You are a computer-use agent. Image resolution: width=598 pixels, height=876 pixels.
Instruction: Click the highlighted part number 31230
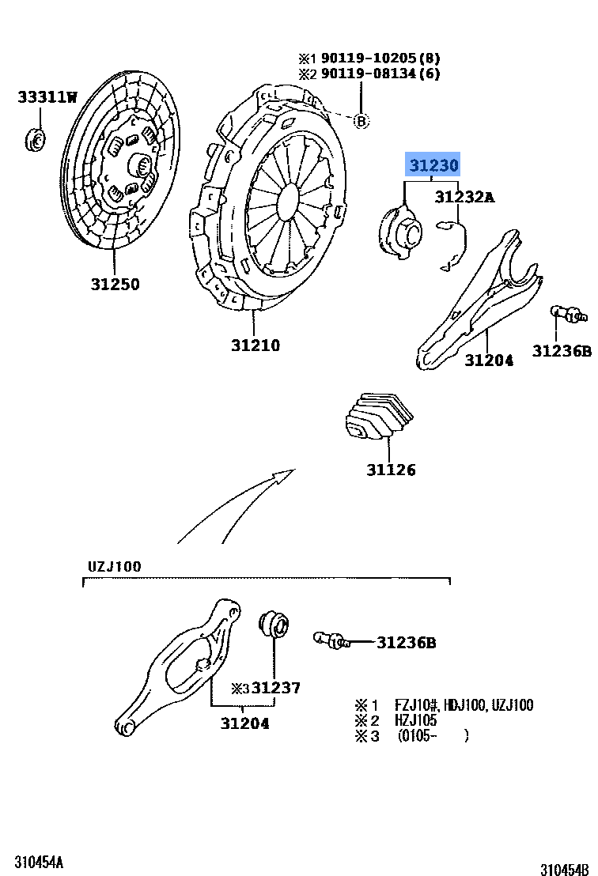coord(432,167)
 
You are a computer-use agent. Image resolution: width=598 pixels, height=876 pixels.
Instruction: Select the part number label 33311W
coord(48,97)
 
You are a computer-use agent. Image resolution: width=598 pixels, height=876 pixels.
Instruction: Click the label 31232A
coord(464,198)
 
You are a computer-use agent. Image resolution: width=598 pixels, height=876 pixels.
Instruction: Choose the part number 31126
coord(391,470)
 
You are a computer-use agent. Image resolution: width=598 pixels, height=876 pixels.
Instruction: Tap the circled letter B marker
coord(361,121)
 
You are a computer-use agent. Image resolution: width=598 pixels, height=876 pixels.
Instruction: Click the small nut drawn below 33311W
coord(36,139)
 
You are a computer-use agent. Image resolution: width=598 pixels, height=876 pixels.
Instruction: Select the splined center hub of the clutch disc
coord(142,165)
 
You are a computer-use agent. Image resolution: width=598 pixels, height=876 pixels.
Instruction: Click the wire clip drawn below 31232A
coord(454,244)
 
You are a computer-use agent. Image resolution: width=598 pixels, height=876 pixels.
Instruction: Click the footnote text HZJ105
coord(416,720)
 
